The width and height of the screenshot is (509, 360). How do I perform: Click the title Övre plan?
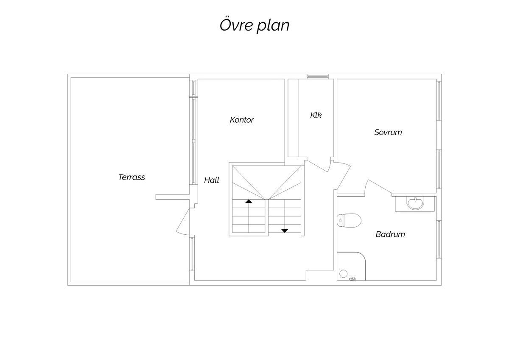pos(255,25)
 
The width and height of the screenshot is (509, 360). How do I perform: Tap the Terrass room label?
pos(131,177)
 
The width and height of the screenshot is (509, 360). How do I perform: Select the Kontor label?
pos(242,120)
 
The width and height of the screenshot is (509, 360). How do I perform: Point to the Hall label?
pos(212,180)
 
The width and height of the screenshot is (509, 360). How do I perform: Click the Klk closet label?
pos(316,115)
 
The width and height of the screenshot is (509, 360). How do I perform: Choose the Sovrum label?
pos(388,132)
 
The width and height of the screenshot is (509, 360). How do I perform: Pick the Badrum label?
pos(390,234)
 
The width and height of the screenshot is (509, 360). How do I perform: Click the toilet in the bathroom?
pos(349,220)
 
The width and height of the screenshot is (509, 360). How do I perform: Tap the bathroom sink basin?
pos(415,203)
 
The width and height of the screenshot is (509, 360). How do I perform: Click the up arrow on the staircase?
pos(249,201)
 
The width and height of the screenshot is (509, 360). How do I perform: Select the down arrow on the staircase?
pos(285,231)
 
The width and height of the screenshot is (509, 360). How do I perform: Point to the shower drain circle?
pos(343,273)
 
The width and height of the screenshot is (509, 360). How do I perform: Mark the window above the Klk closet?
pos(318,76)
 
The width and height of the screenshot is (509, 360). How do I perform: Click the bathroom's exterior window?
pos(439,239)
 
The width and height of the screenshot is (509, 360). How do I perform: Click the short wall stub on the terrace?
pos(173,197)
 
